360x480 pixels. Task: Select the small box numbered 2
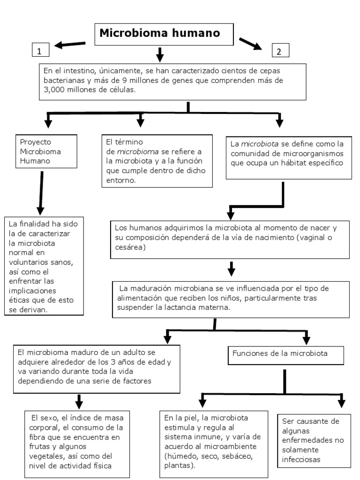pyautogui.click(x=280, y=51)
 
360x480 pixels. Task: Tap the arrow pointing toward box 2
pyautogui.click(x=251, y=43)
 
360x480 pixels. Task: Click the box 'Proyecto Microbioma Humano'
pyautogui.click(x=46, y=151)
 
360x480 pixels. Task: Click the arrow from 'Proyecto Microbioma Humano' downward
pyautogui.click(x=41, y=192)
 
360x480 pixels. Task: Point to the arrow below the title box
pyautogui.click(x=159, y=54)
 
